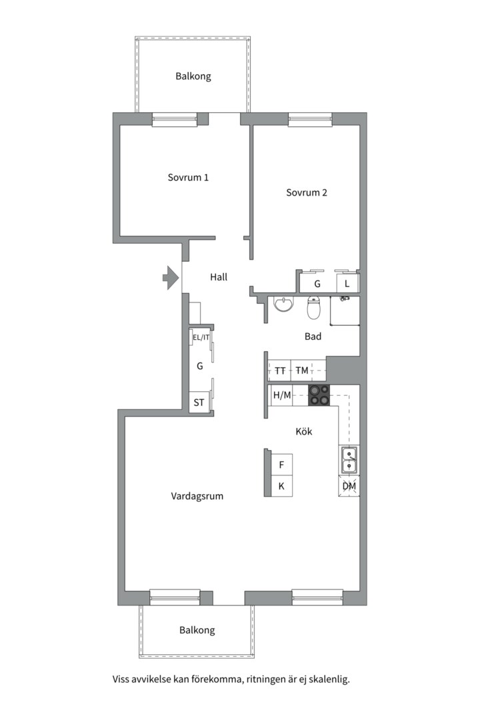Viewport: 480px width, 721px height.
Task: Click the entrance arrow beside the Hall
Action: pyautogui.click(x=171, y=278)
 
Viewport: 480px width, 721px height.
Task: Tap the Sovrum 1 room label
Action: pyautogui.click(x=188, y=178)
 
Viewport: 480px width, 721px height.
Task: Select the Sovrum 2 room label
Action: pyautogui.click(x=307, y=193)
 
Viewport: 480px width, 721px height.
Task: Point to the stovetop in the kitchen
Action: pyautogui.click(x=319, y=395)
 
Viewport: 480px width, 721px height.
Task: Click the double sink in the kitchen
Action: pyautogui.click(x=349, y=461)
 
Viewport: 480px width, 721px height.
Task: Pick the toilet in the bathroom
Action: pyautogui.click(x=313, y=308)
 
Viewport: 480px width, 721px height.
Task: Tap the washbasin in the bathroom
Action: pyautogui.click(x=283, y=304)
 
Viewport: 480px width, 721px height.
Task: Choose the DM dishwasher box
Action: pyautogui.click(x=349, y=486)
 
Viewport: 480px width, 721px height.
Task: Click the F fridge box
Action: pyautogui.click(x=281, y=465)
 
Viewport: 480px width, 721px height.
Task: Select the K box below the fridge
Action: pyautogui.click(x=281, y=486)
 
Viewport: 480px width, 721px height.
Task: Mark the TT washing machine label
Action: pyautogui.click(x=280, y=371)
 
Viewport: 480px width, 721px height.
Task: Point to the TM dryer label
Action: pyautogui.click(x=302, y=370)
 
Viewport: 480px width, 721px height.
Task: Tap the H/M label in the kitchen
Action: pyautogui.click(x=282, y=395)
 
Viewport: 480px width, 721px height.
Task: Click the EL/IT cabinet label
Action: pyautogui.click(x=201, y=338)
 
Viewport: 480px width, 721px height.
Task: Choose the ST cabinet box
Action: pyautogui.click(x=199, y=403)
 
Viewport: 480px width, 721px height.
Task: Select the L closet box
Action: pyautogui.click(x=347, y=284)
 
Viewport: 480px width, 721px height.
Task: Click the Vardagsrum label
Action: pyautogui.click(x=197, y=496)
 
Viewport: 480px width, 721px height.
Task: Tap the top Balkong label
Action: pyautogui.click(x=193, y=76)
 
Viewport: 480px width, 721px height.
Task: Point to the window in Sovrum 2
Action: pyautogui.click(x=310, y=119)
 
